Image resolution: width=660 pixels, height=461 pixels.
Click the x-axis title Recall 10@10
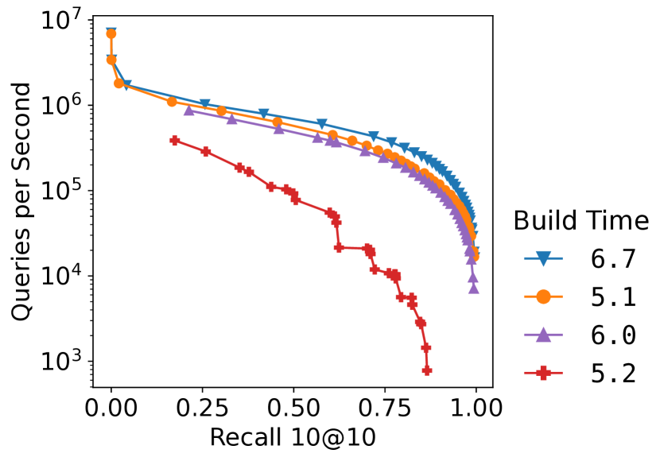293,438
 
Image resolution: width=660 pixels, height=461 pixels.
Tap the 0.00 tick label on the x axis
111,409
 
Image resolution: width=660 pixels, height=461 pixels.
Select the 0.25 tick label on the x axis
202,409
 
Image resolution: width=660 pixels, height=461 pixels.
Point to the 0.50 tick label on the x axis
293,409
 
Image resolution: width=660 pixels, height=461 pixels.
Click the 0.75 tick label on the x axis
385,409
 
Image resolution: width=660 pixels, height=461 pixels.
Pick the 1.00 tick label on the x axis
476,409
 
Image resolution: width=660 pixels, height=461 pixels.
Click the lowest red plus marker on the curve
427,370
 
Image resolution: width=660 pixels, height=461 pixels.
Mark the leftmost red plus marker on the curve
175,140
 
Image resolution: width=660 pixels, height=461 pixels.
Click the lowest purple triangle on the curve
474,288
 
